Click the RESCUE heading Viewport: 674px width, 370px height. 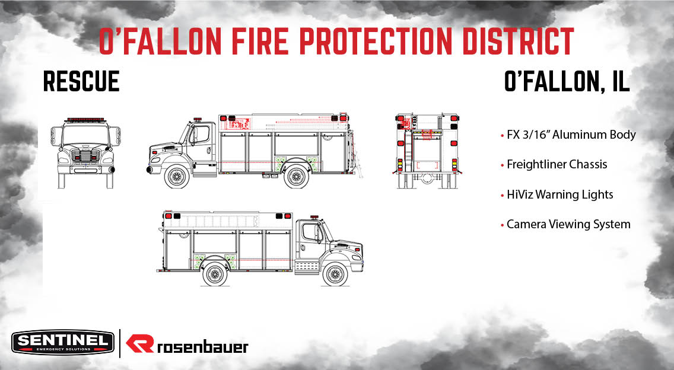click(81, 81)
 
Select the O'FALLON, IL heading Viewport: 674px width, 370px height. click(567, 81)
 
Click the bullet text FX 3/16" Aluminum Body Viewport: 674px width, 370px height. click(571, 135)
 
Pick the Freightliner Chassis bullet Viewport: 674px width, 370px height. click(557, 164)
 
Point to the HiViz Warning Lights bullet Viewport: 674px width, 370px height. click(559, 194)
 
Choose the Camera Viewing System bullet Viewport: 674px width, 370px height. click(568, 225)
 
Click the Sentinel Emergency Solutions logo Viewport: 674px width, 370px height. click(62, 342)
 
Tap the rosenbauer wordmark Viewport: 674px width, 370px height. click(202, 346)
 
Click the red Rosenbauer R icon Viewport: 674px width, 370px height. click(141, 345)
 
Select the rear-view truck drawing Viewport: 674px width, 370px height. click(426, 152)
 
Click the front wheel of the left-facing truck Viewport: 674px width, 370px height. click(176, 176)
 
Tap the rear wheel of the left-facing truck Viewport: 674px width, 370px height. click(295, 176)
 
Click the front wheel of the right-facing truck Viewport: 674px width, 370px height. click(335, 274)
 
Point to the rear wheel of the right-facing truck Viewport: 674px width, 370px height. click(215, 274)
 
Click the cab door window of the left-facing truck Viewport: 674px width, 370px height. click(200, 135)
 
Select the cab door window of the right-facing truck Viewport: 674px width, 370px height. click(312, 232)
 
